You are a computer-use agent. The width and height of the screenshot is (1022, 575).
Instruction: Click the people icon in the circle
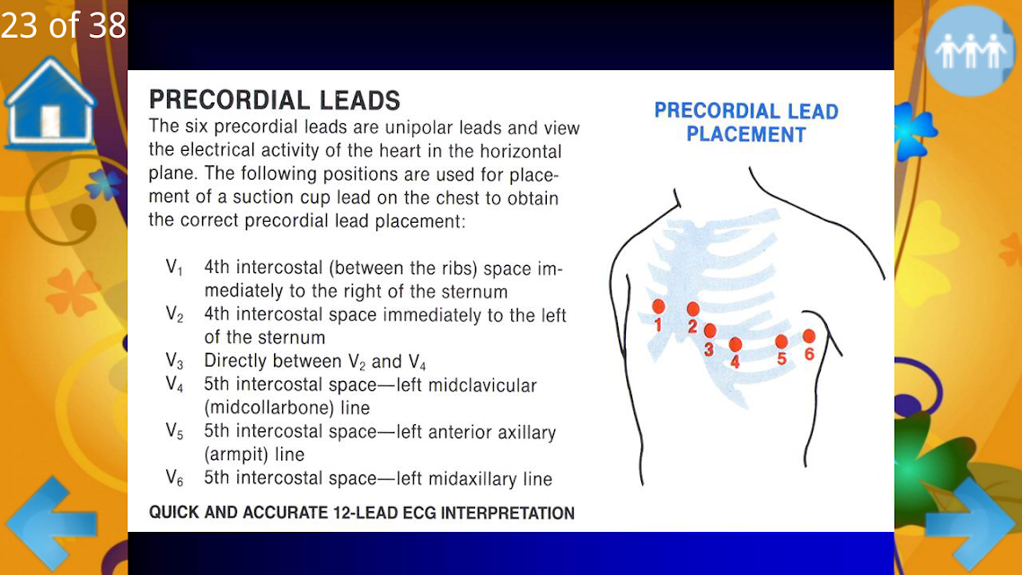(970, 51)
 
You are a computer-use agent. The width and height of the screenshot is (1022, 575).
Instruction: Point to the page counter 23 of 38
(63, 25)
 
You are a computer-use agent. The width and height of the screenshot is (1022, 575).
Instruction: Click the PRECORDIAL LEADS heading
(275, 100)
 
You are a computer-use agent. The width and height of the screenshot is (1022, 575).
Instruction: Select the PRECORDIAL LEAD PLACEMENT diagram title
(746, 122)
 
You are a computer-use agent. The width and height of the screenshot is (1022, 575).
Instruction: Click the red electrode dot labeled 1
(658, 306)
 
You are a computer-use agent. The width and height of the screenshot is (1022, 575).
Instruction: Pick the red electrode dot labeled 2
(692, 308)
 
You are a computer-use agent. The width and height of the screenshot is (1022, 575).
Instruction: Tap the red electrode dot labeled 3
(709, 331)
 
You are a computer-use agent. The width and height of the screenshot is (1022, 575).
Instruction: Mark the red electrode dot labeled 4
(736, 344)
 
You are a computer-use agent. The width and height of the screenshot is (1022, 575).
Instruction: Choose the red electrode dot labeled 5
(781, 341)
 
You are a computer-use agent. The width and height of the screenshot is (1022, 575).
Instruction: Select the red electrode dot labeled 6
(809, 336)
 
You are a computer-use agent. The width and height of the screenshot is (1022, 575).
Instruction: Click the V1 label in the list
(174, 268)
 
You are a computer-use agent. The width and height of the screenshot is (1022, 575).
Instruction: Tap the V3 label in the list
(174, 360)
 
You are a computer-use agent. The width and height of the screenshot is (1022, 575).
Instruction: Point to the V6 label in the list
(174, 478)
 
